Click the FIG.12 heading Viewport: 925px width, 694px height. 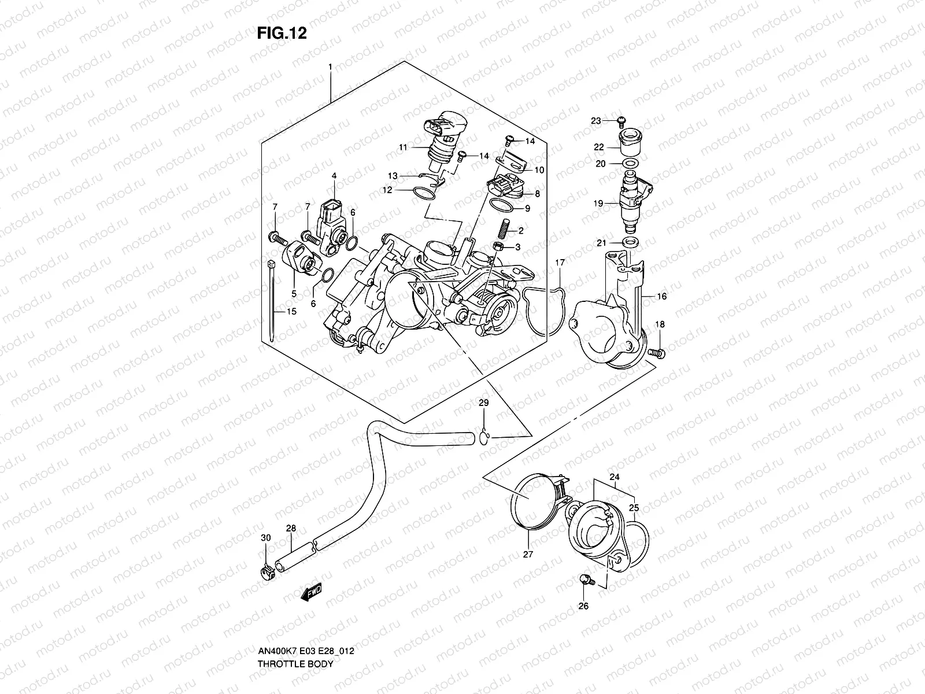[x=282, y=34]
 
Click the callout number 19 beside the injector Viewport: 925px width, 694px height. [x=598, y=204]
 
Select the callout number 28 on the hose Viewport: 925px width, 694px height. [x=291, y=528]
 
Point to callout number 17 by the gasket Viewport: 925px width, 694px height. [x=560, y=263]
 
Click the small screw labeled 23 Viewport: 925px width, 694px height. [x=621, y=120]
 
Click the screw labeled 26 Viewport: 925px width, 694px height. [x=586, y=579]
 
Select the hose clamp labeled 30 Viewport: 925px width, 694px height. [x=267, y=574]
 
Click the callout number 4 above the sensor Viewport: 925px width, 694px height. [x=334, y=175]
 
